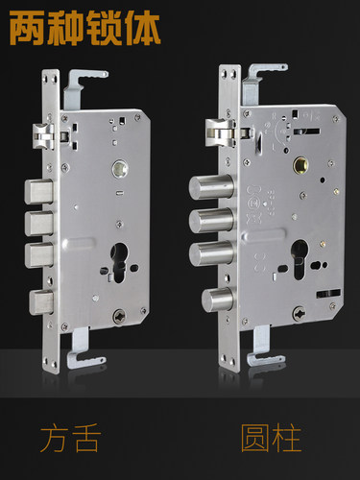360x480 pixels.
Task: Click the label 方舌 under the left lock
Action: pos(70,438)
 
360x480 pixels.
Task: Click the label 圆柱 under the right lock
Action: pos(271,438)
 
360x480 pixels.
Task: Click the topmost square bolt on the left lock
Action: pos(38,192)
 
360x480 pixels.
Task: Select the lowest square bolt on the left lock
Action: pos(41,302)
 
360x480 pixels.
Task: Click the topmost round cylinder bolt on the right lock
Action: pos(211,187)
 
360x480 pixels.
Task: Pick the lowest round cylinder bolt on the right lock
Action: pos(217,300)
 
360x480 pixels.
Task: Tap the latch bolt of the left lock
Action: pos(43,136)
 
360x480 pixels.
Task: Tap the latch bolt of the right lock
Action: pos(220,132)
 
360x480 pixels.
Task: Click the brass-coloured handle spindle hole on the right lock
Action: pos(300,165)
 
